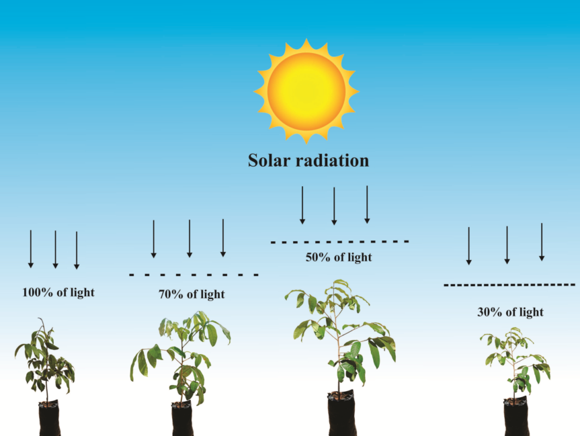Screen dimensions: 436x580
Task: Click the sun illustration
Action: point(306,91)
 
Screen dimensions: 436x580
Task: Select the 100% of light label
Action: point(58,292)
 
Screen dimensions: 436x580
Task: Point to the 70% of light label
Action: point(192,294)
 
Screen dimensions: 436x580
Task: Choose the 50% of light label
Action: point(339,257)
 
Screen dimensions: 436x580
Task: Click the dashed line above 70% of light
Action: point(194,274)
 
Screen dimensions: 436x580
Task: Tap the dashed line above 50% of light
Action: point(339,241)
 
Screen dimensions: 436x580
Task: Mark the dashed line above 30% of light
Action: point(509,285)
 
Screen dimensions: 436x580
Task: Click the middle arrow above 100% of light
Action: point(55,249)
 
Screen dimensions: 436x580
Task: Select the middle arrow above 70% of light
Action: point(190,238)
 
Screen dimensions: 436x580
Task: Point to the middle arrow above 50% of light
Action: point(334,205)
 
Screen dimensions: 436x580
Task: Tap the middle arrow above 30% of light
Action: point(507,245)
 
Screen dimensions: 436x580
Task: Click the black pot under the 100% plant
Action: point(49,419)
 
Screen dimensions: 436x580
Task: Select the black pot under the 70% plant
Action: point(182,420)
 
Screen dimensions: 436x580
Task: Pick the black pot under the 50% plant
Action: point(341,415)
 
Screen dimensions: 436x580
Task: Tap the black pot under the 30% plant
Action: point(515,417)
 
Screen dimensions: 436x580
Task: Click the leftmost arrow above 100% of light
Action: point(30,249)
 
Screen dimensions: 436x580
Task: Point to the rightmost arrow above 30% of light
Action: point(542,243)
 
